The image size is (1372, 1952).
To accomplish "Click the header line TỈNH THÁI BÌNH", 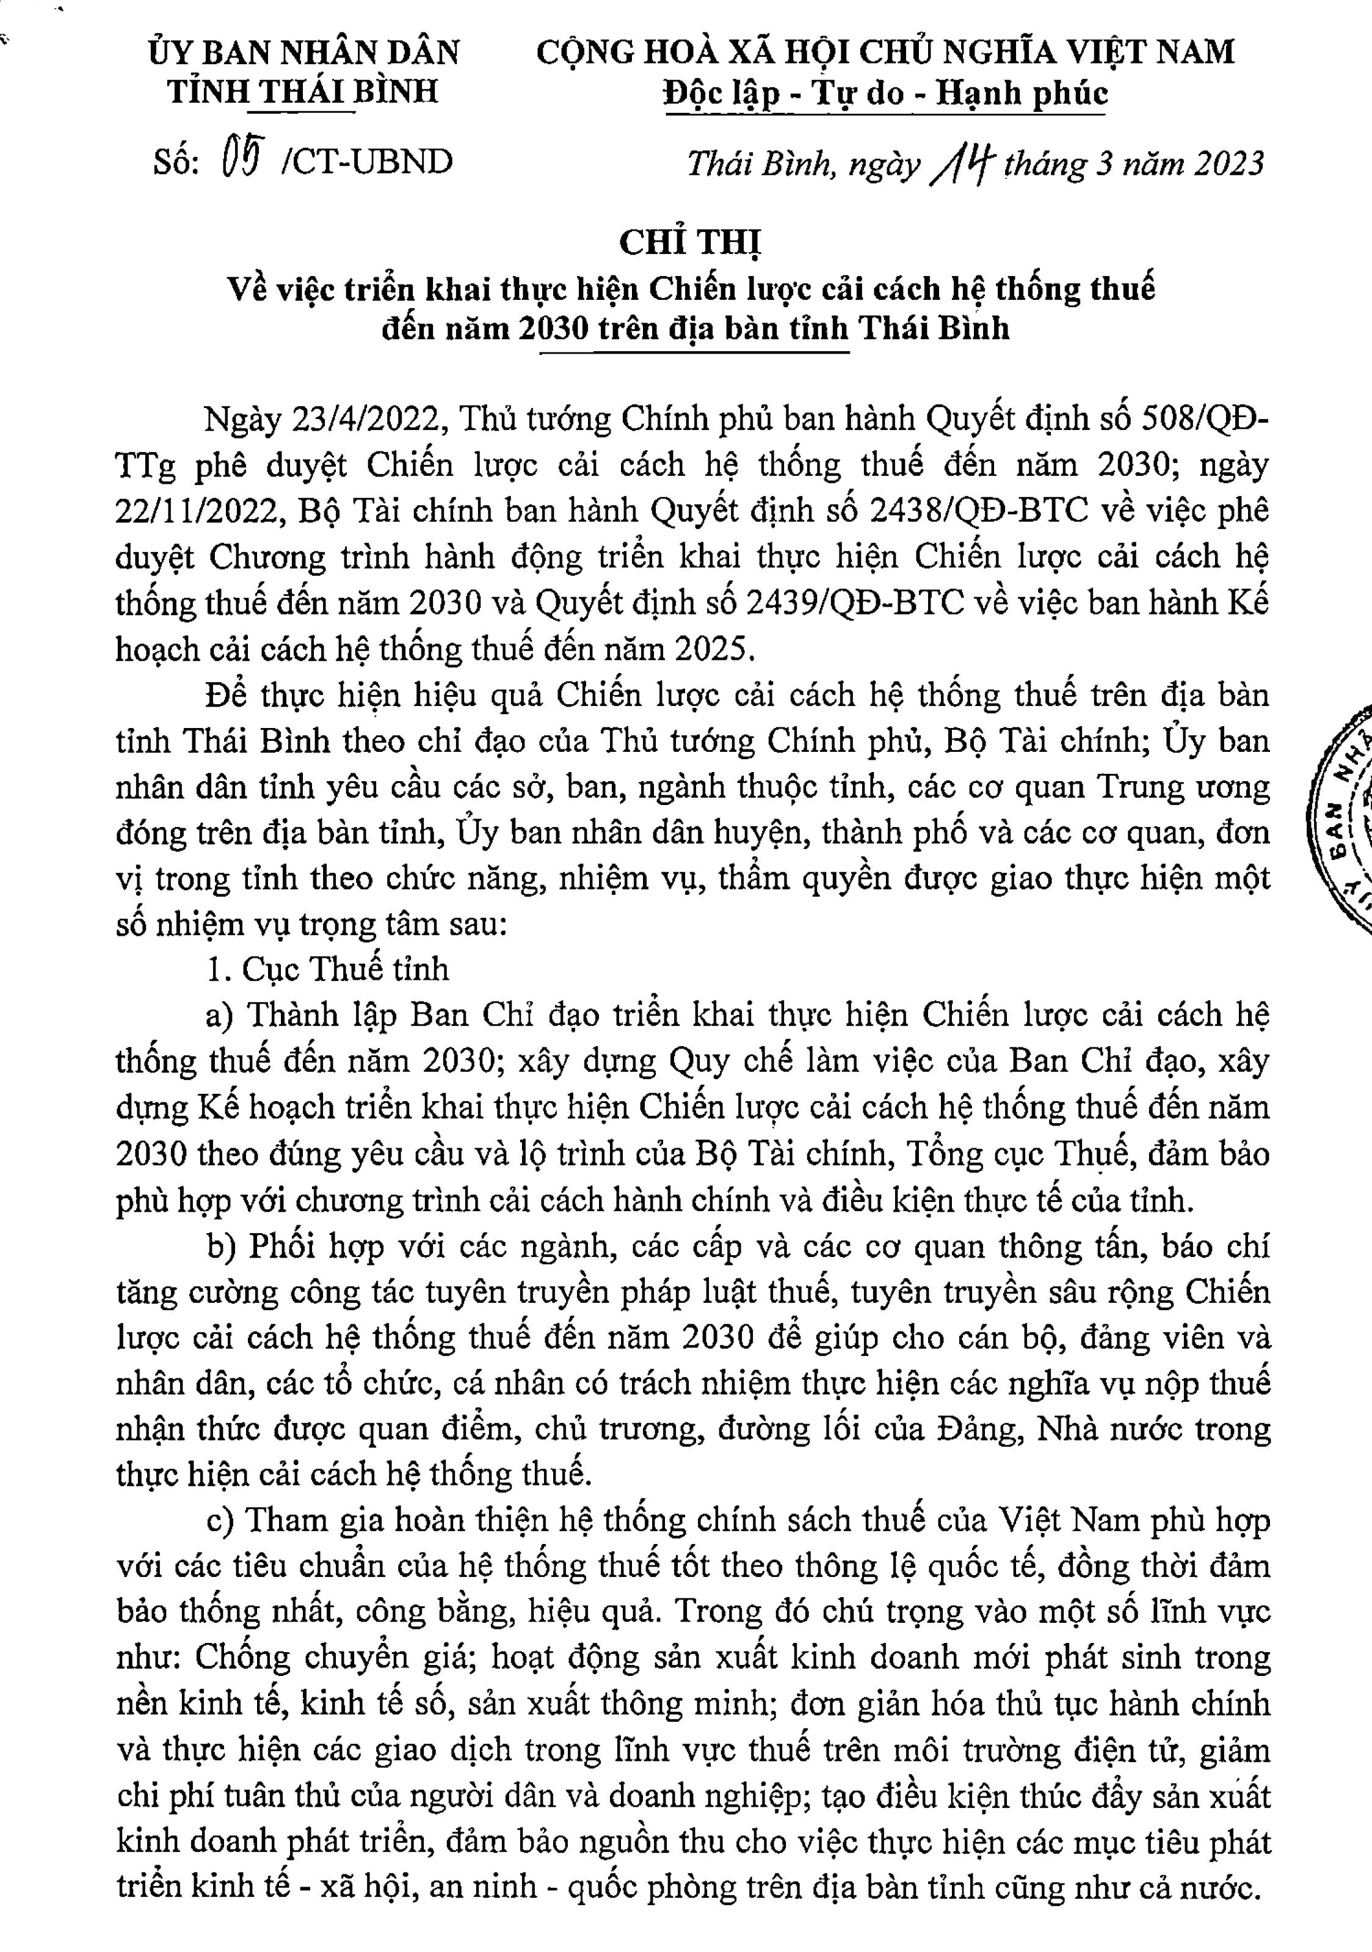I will click(x=303, y=91).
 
